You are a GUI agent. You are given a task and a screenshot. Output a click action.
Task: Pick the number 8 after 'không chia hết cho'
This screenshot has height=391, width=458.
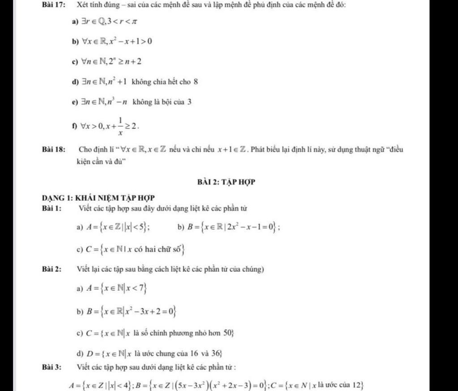pyautogui.click(x=196, y=82)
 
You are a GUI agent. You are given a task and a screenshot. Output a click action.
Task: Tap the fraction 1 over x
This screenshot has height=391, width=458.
pyautogui.click(x=120, y=127)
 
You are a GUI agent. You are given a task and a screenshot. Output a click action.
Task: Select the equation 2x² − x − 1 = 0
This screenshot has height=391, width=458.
pyautogui.click(x=250, y=226)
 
